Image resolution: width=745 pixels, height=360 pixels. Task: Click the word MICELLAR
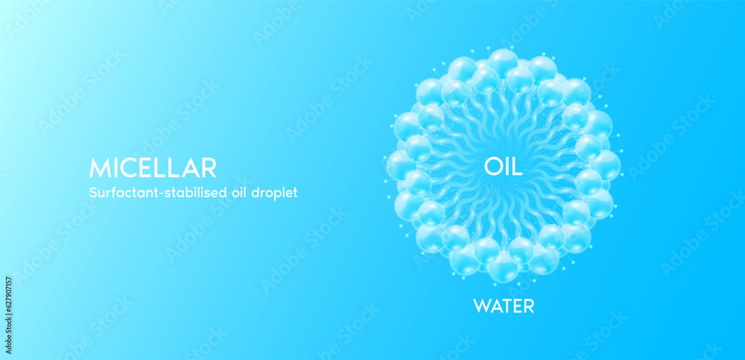[x=152, y=167]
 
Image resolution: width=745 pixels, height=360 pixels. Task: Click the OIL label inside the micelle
[x=503, y=166]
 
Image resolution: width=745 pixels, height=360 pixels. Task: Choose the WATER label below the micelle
[x=504, y=306]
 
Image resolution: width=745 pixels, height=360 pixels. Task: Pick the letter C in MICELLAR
[x=127, y=167]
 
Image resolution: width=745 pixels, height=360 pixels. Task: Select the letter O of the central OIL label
[x=492, y=166]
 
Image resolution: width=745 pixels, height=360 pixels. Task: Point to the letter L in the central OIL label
[x=517, y=166]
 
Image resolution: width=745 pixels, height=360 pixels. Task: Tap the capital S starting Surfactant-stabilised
[x=92, y=192]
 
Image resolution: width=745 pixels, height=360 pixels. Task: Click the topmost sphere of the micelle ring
[x=503, y=63]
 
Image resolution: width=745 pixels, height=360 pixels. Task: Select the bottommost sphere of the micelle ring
[x=504, y=267]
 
